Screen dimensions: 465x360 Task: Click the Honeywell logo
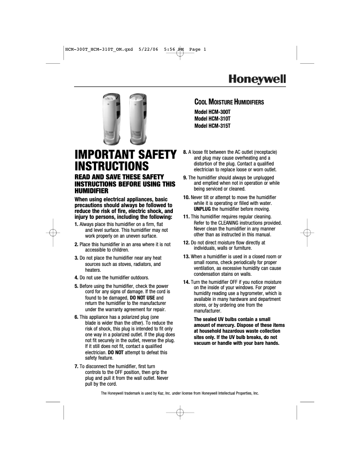tap(257, 78)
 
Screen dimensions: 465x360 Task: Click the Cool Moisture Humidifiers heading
tap(228, 102)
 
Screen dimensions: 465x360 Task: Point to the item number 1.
tap(76, 224)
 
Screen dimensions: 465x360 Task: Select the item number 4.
tap(76, 277)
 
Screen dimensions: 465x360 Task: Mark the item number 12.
tap(186, 243)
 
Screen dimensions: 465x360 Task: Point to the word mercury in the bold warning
tap(221, 325)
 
